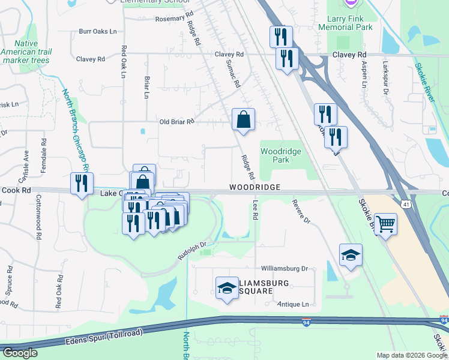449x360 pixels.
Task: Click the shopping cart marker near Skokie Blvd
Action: coord(386,224)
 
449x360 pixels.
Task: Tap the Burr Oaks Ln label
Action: coord(97,31)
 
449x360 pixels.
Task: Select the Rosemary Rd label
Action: coord(174,18)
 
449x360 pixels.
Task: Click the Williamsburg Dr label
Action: coord(284,269)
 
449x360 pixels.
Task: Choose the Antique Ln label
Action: coord(293,304)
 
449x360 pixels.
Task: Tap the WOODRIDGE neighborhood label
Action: coord(255,188)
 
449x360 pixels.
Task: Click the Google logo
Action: coord(20,353)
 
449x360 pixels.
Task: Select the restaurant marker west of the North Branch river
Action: coord(81,183)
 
